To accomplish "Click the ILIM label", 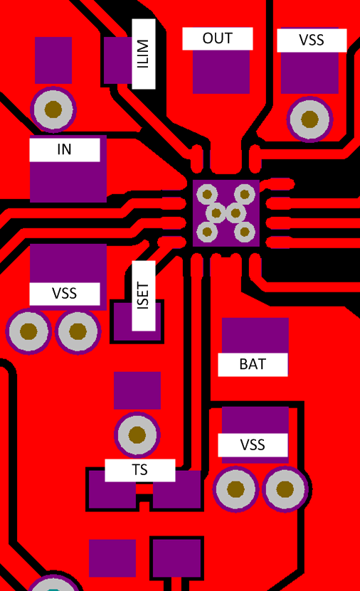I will pyautogui.click(x=143, y=54).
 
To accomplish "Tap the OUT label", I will pyautogui.click(x=218, y=38).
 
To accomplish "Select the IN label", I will pyautogui.click(x=64, y=149).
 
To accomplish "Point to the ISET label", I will pyautogui.click(x=143, y=296).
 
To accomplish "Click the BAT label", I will pyautogui.click(x=253, y=364).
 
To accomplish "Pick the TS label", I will pyautogui.click(x=139, y=470).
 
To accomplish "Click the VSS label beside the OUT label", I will pyautogui.click(x=312, y=40).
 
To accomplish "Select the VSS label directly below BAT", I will pyautogui.click(x=253, y=445).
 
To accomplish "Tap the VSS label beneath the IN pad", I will pyautogui.click(x=64, y=293).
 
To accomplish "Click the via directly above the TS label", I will pyautogui.click(x=137, y=435).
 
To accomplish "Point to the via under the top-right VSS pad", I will pyautogui.click(x=309, y=119).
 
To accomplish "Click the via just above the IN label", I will pyautogui.click(x=53, y=110).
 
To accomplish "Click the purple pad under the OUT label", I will pyautogui.click(x=221, y=71).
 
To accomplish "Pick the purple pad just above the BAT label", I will pyautogui.click(x=255, y=335).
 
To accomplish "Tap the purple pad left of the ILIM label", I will pyautogui.click(x=117, y=60).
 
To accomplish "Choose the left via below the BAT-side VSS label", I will pyautogui.click(x=235, y=489).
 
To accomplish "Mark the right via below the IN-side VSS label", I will pyautogui.click(x=78, y=331).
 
